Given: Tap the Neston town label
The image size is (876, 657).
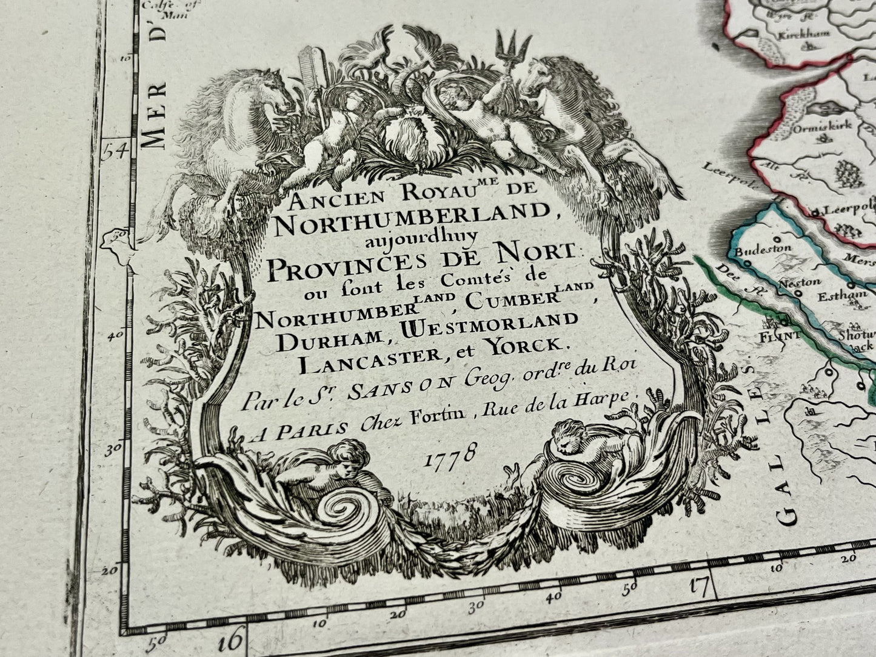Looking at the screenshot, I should [x=799, y=282].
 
